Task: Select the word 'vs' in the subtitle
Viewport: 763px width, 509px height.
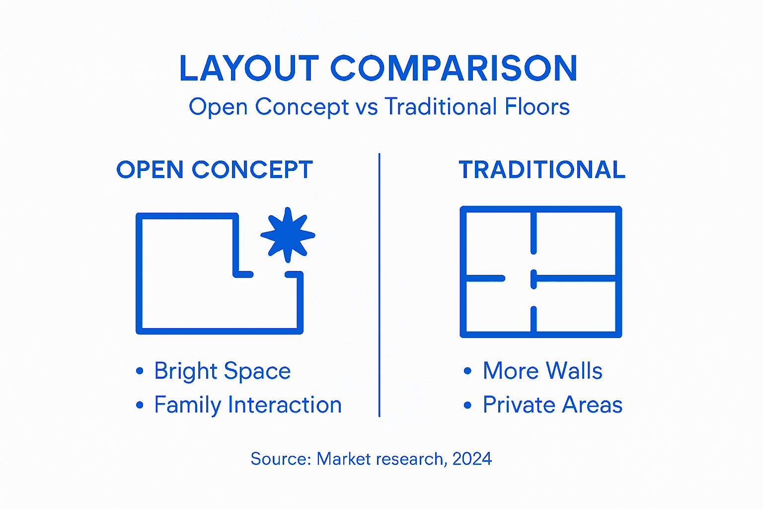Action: [x=367, y=107]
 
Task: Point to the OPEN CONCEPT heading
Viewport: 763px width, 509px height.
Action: [x=215, y=170]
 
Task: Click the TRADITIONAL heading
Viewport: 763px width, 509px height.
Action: [x=542, y=170]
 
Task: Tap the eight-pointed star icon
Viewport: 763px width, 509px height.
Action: [x=288, y=235]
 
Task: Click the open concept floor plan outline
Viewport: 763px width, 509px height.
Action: [x=139, y=273]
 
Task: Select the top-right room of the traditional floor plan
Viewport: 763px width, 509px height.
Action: [x=576, y=244]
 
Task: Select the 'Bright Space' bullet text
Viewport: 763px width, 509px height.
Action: [x=222, y=371]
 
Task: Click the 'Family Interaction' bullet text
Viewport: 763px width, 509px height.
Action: [x=247, y=405]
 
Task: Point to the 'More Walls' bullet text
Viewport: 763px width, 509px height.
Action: [x=542, y=371]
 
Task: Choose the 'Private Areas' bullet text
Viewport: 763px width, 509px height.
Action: [x=552, y=405]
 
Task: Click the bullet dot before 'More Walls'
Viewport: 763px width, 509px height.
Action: [x=467, y=371]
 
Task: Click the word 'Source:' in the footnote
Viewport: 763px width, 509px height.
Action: [x=281, y=459]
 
